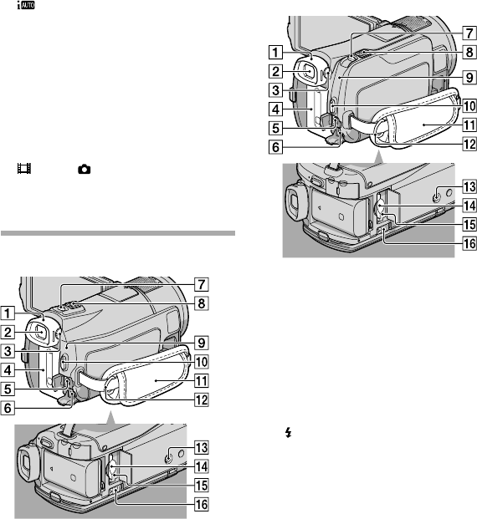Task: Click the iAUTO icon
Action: point(26,5)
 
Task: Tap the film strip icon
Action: point(24,169)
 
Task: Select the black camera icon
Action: point(85,170)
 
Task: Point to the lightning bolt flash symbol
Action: point(289,432)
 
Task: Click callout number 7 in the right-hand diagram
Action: point(469,33)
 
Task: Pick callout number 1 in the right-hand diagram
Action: point(275,53)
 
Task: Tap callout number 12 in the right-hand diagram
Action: point(469,144)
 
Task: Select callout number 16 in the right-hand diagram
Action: point(469,243)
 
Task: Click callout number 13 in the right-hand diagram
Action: point(469,186)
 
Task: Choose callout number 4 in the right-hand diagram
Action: point(275,109)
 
